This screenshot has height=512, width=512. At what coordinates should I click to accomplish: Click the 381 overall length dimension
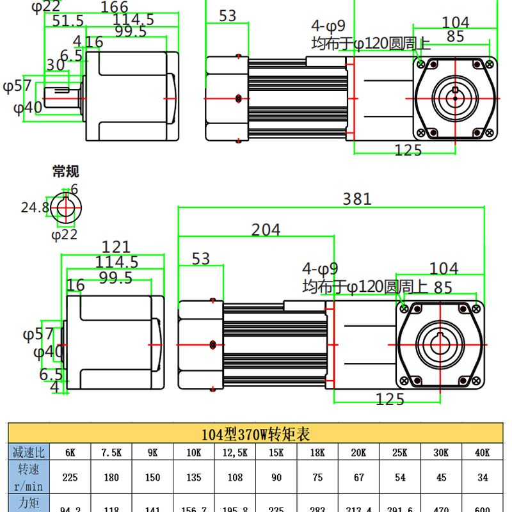(356, 199)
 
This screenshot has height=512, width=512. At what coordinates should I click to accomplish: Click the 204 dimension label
(266, 229)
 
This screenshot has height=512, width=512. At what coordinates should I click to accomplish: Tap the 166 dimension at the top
(115, 7)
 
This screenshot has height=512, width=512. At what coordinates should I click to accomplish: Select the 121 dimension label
(116, 247)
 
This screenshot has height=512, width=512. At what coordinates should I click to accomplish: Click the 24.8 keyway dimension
(35, 207)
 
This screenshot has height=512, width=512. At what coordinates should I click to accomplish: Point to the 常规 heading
(66, 172)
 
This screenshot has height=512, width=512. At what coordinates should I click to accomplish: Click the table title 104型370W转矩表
(255, 435)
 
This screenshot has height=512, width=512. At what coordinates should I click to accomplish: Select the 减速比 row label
(28, 452)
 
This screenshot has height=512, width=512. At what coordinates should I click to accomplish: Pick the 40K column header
(482, 452)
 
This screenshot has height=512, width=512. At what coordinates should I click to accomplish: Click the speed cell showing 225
(69, 477)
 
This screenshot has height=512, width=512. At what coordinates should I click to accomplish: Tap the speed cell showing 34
(482, 477)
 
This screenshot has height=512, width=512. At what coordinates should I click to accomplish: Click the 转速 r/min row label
(28, 477)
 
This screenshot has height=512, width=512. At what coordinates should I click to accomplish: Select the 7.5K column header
(111, 452)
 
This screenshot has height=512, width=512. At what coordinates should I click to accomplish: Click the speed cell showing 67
(358, 477)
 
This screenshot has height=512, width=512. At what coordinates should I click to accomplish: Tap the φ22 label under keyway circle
(64, 234)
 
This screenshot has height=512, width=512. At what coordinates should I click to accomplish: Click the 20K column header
(358, 452)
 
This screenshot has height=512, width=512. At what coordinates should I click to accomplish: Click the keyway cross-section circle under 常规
(66, 207)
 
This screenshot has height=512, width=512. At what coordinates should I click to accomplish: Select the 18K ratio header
(317, 452)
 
